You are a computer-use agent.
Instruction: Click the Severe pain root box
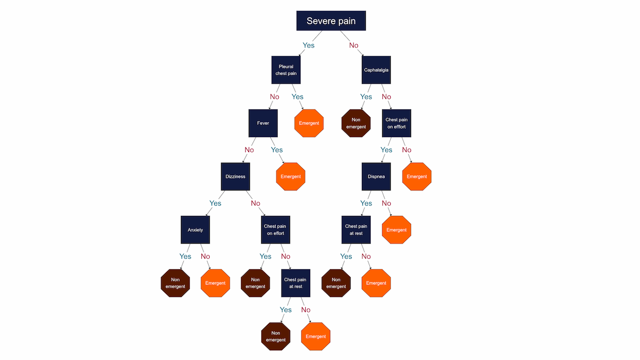pyautogui.click(x=331, y=21)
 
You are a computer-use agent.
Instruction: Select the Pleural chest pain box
pyautogui.click(x=286, y=70)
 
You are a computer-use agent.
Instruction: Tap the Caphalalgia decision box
pyautogui.click(x=376, y=70)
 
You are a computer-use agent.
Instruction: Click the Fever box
pyautogui.click(x=263, y=123)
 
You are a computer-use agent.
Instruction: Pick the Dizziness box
pyautogui.click(x=235, y=176)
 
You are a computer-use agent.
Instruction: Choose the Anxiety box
pyautogui.click(x=195, y=230)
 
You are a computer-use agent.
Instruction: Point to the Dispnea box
pyautogui.click(x=376, y=176)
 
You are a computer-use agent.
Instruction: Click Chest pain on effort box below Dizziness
pyautogui.click(x=275, y=230)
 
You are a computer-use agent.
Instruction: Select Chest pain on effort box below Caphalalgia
pyautogui.click(x=396, y=123)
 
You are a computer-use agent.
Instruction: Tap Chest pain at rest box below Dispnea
pyautogui.click(x=356, y=230)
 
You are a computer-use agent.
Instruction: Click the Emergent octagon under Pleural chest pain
pyautogui.click(x=309, y=123)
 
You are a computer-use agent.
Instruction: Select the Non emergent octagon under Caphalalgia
pyautogui.click(x=356, y=123)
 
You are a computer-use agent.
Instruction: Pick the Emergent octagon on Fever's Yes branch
pyautogui.click(x=291, y=176)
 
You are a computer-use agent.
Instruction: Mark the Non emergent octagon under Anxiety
pyautogui.click(x=175, y=283)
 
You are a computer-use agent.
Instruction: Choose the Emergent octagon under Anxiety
pyautogui.click(x=215, y=283)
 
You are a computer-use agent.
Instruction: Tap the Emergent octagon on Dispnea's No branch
pyautogui.click(x=396, y=230)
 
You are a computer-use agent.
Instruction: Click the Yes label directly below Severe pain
pyautogui.click(x=308, y=45)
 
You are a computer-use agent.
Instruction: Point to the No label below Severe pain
pyautogui.click(x=354, y=45)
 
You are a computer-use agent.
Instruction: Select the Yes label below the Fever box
pyautogui.click(x=276, y=150)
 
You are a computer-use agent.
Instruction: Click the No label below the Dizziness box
pyautogui.click(x=256, y=203)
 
